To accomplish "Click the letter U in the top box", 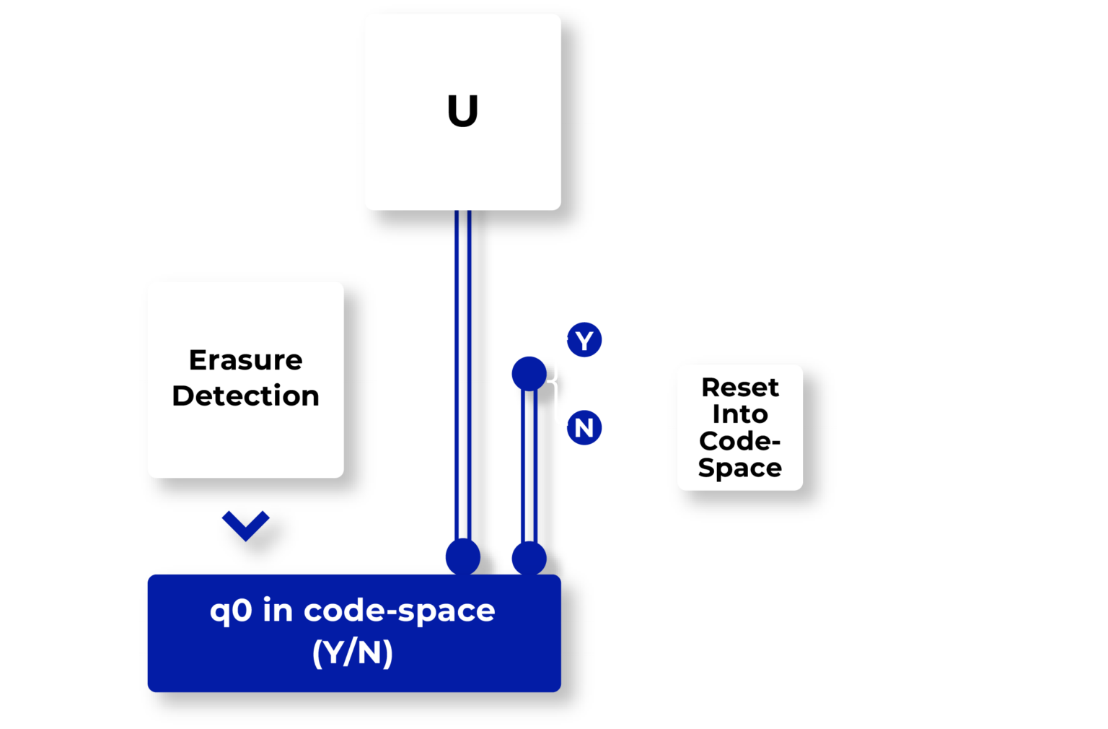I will [462, 111].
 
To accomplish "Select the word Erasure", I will [245, 359].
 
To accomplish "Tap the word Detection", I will [245, 396].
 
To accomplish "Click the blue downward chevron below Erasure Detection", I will [245, 525].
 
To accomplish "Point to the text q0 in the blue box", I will [231, 611].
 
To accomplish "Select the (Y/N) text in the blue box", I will [353, 652].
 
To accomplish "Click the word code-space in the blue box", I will [399, 611].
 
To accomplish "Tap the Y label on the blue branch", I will [584, 341].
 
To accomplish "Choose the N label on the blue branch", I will [584, 428].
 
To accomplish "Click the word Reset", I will [740, 388].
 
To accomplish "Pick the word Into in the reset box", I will [740, 414].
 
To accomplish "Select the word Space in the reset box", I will [740, 468].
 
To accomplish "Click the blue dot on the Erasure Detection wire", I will [529, 373].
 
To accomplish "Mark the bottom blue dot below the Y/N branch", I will [529, 558].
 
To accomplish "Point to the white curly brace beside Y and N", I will [558, 380].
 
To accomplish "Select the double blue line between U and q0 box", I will [462, 375].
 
